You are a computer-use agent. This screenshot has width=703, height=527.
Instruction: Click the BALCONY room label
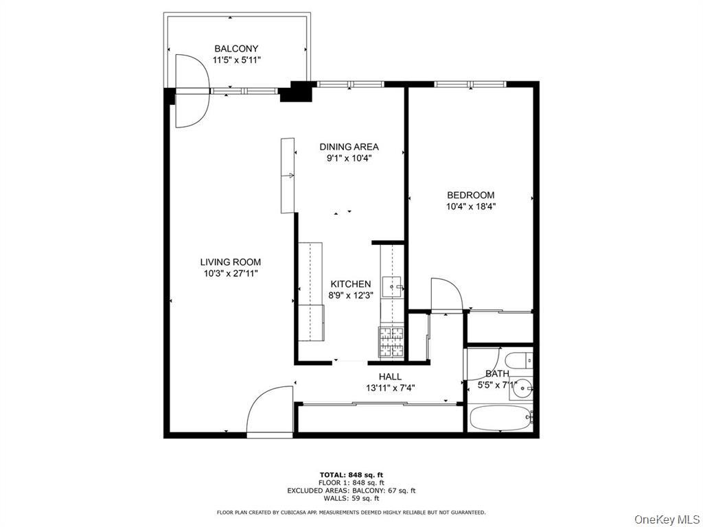pos(236,49)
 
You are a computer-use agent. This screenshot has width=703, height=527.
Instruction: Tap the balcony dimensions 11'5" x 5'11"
pos(236,60)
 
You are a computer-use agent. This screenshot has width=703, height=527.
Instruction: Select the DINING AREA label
pos(349,146)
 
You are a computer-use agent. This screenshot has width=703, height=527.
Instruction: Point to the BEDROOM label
pos(470,195)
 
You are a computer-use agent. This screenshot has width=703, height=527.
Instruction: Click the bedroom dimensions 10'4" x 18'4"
pos(470,206)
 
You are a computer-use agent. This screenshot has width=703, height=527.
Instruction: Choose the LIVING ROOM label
pos(230,261)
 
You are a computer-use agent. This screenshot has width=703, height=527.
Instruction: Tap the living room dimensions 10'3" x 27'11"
pos(230,273)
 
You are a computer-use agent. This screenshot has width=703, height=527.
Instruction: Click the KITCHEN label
pos(350,284)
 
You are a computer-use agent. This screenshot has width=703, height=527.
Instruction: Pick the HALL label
pos(390,376)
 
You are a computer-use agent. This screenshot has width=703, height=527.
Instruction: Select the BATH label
pos(497,374)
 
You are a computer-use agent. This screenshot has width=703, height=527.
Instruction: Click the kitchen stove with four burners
pos(393,342)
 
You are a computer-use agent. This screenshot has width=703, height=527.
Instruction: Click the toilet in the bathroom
pos(517,360)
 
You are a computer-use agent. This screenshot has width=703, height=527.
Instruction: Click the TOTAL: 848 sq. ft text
pos(351,475)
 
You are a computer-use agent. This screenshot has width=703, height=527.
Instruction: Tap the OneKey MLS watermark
pos(665,518)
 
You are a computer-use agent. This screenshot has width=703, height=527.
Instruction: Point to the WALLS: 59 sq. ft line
pos(351,499)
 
